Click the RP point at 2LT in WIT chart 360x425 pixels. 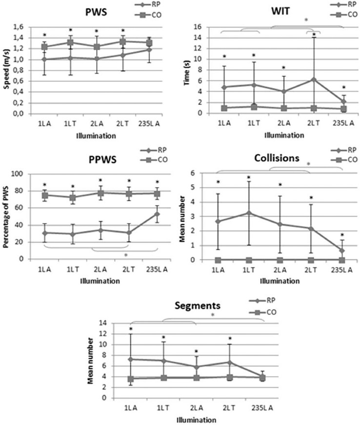tap(313, 79)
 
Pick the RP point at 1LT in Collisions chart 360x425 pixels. tap(249, 212)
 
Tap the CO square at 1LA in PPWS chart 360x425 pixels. tap(44, 195)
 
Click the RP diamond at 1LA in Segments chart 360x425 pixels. tap(131, 359)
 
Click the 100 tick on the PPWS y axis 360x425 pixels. tap(19, 174)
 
